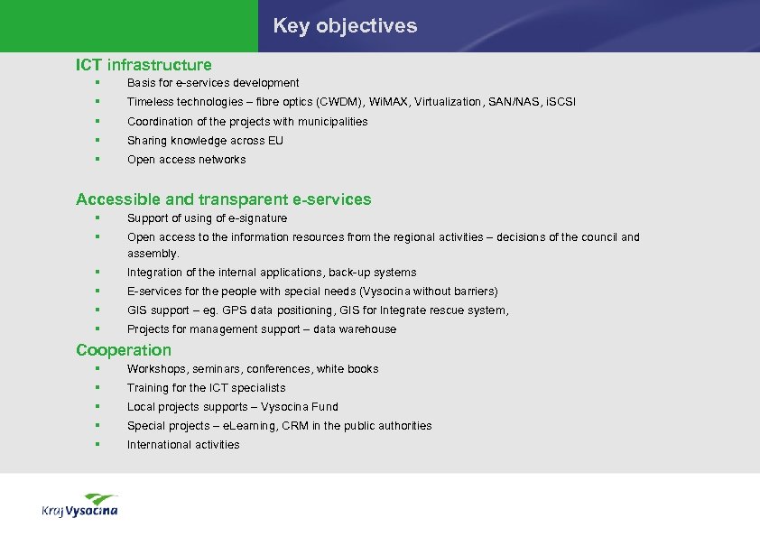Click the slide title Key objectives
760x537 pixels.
tap(345, 26)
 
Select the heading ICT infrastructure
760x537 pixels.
tap(144, 65)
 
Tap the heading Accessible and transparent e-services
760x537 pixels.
tap(223, 199)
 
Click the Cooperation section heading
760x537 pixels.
tap(123, 350)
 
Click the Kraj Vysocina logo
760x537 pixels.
tap(79, 505)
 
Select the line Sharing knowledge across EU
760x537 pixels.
tap(205, 141)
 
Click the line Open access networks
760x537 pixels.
tap(186, 160)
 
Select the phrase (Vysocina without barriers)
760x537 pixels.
tap(429, 292)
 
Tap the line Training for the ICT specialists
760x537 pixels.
tap(206, 388)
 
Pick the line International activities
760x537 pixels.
tap(183, 445)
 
